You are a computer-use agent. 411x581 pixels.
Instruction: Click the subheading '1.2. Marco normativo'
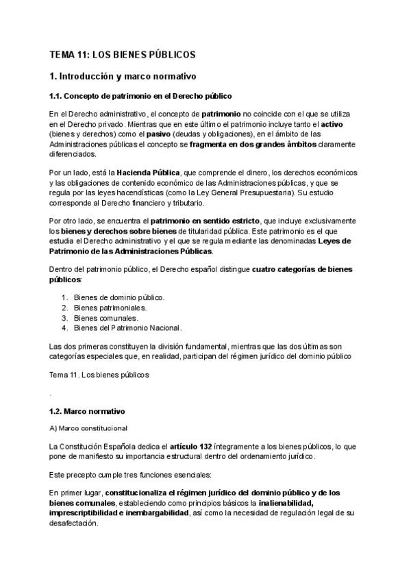(86, 411)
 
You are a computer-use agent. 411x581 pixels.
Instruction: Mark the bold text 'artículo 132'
(194, 446)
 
